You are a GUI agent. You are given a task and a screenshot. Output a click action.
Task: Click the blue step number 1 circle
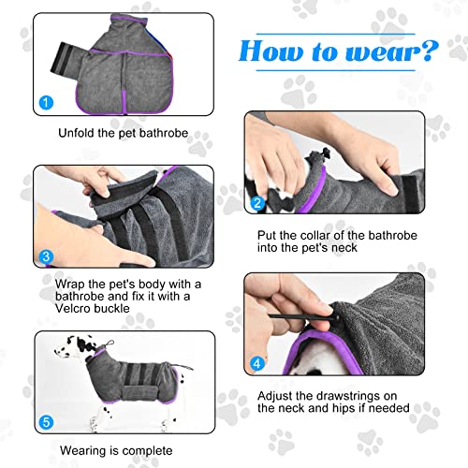(46, 102)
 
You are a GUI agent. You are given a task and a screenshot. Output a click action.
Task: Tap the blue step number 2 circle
(257, 203)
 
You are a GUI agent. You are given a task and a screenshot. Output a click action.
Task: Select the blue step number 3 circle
(46, 256)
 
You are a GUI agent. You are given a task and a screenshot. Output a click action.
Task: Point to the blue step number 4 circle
(257, 364)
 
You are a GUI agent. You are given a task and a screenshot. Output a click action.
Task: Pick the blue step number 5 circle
(46, 422)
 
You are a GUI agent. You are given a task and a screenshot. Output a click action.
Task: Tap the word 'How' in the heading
(271, 51)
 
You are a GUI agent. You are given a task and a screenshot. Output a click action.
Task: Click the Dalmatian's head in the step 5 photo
(68, 346)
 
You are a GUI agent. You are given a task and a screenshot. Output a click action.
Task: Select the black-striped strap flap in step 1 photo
(65, 62)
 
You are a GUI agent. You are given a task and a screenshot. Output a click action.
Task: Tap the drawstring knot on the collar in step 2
(323, 154)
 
